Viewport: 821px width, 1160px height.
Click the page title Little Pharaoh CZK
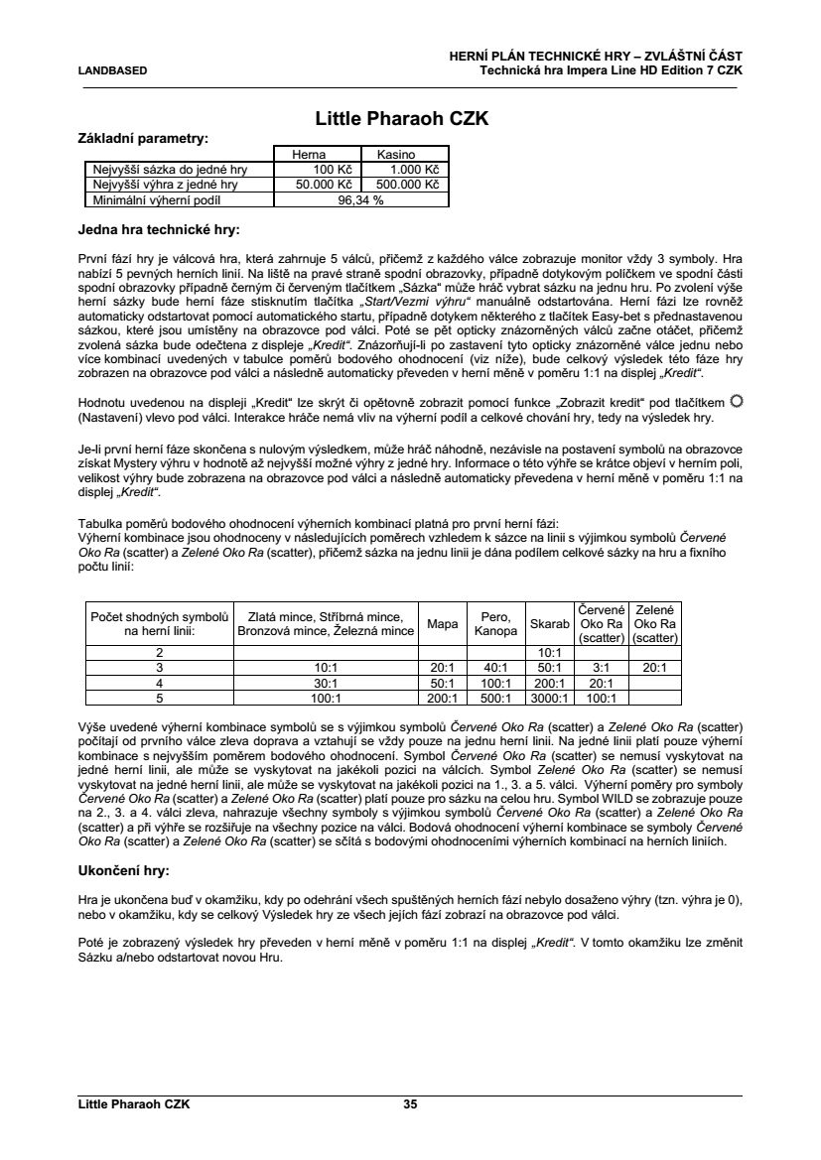click(402, 119)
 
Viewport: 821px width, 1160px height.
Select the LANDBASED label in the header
click(113, 70)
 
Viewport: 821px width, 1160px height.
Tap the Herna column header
click(308, 155)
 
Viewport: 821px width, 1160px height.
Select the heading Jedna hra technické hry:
click(159, 231)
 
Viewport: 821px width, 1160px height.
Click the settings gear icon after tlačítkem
click(736, 400)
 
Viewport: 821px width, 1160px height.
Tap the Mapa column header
click(442, 624)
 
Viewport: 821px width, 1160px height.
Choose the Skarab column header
click(550, 624)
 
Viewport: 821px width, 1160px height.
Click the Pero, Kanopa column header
click(495, 624)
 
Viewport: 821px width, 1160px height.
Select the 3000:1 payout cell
click(550, 698)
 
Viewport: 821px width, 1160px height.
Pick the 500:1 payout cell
click(495, 698)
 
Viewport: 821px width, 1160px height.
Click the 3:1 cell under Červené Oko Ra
click(601, 668)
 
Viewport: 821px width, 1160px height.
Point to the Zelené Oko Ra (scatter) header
click(655, 623)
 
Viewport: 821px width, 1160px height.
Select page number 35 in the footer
click(410, 1103)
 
